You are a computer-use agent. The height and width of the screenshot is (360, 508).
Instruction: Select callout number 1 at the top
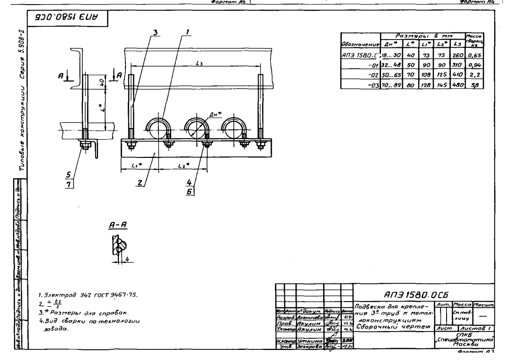[x=187, y=31]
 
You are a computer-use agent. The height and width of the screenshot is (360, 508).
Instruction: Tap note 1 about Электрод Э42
[x=71, y=294]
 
